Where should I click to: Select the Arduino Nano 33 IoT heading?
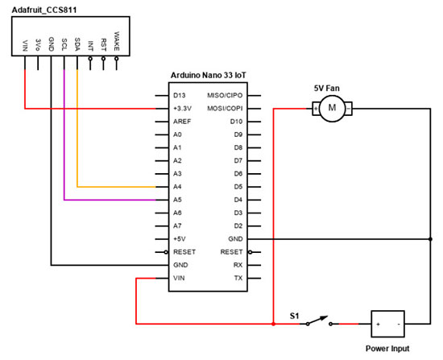(209, 75)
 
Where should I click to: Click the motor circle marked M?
(331, 108)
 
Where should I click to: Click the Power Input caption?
(387, 349)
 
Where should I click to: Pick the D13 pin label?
(180, 95)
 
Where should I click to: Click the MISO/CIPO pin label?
(228, 95)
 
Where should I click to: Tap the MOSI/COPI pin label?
(228, 108)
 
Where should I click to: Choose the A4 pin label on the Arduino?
(177, 187)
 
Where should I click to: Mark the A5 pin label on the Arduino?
(177, 200)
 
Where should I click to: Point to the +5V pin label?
(180, 239)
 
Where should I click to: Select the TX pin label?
(238, 278)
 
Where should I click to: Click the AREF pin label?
(182, 121)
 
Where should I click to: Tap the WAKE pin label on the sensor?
(117, 41)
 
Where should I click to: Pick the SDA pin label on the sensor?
(77, 43)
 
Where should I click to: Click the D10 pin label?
(236, 121)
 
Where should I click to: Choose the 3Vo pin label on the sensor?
(39, 43)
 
